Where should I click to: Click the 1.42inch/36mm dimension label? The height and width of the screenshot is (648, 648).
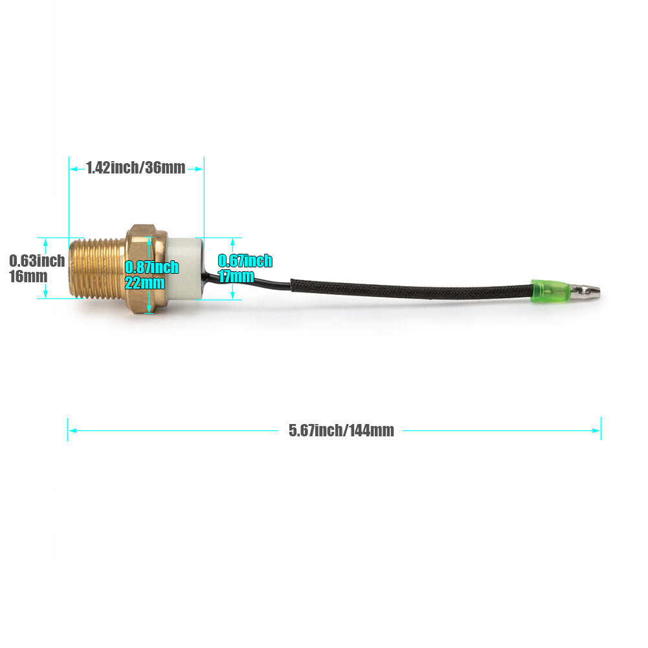pos(135,168)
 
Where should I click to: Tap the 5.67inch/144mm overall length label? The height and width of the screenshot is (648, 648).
pos(341,430)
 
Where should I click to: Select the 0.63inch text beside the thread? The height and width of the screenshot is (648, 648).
pos(37,261)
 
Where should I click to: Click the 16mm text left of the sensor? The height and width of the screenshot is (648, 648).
pos(28,276)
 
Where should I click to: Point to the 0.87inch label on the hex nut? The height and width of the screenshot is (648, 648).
pos(151,267)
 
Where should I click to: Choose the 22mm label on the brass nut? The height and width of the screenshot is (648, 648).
pos(144,283)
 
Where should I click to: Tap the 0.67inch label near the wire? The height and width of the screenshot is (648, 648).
pos(245,261)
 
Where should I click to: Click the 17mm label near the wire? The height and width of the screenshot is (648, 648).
pos(236,276)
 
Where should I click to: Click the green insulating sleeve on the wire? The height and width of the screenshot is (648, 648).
pos(551,291)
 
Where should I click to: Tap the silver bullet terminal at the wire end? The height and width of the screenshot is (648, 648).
pos(585,291)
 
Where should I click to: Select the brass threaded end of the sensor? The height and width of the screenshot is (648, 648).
pos(98,268)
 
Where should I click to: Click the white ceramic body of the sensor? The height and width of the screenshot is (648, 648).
pos(184,268)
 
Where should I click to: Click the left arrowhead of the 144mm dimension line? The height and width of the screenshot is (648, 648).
pos(73,430)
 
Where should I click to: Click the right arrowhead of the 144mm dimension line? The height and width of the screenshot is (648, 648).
pos(596,430)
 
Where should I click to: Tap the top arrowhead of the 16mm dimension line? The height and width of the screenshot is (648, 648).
pos(45,243)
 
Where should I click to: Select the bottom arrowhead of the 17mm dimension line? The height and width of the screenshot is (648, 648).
pos(232,295)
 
